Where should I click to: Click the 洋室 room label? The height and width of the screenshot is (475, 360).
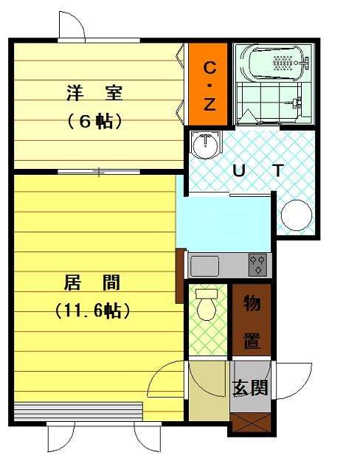tap(94, 93)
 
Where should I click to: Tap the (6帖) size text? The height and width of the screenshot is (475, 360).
tap(94, 122)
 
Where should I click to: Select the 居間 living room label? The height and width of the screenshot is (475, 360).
tap(92, 282)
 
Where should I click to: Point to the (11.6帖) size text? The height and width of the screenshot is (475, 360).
tap(93, 310)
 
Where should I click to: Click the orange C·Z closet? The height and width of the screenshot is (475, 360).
tap(208, 84)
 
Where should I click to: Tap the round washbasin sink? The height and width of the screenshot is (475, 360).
tap(205, 145)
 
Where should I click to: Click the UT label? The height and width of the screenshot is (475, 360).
tap(258, 171)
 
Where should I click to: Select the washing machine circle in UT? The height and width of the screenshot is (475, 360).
tap(297, 215)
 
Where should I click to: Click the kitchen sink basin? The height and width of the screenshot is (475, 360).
tap(204, 266)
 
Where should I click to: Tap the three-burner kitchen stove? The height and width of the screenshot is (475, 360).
tap(258, 265)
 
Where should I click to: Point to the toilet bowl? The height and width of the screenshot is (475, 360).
tap(207, 305)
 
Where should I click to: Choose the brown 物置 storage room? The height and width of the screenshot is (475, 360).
tap(252, 319)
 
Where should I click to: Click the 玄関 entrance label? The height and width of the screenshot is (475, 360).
tap(250, 387)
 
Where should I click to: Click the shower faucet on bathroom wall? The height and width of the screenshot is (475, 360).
tap(296, 103)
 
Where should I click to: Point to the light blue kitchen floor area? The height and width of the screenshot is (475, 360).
tap(224, 223)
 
